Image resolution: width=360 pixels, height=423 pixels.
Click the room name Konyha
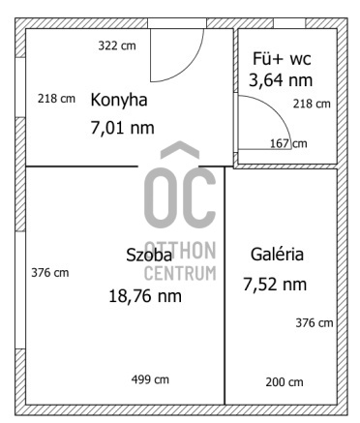point(121,100)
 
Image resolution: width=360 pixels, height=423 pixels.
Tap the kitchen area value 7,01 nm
point(121,126)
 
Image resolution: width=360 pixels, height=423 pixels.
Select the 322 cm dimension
point(117,45)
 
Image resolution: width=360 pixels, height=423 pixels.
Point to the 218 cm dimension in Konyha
point(56,98)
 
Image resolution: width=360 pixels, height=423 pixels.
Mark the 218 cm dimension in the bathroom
point(312,103)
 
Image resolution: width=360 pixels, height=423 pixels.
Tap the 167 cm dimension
point(287,143)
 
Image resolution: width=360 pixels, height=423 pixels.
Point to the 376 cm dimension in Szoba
point(49,272)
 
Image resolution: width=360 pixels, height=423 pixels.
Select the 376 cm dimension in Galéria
point(315,322)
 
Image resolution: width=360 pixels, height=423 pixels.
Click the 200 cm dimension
point(284,382)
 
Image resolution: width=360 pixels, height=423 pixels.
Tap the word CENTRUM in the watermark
point(179,272)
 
